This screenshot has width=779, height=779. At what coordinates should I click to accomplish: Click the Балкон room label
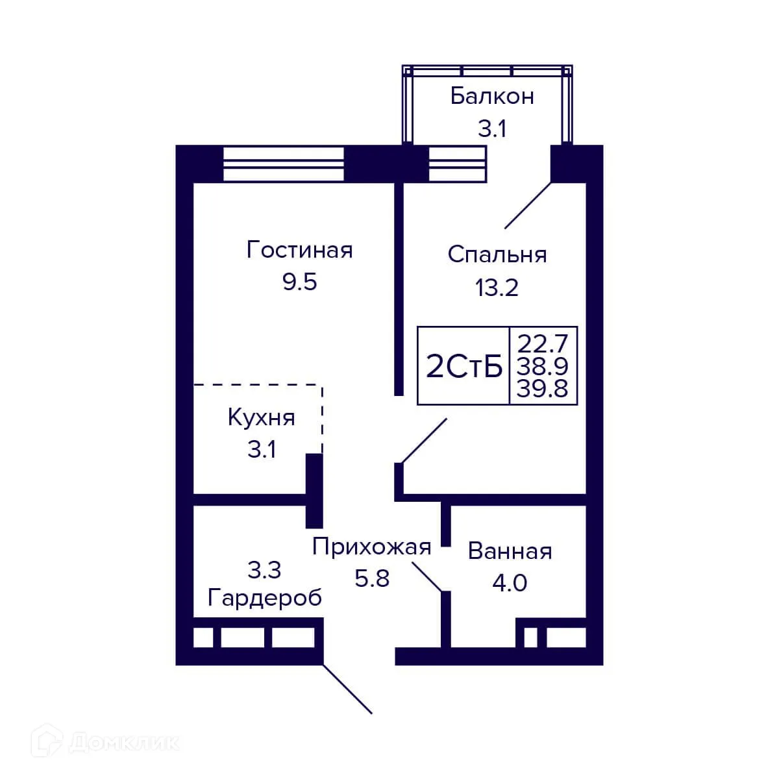point(492,96)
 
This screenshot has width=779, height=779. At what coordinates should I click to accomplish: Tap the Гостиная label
point(299,250)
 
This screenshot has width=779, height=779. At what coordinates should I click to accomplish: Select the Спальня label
point(497,254)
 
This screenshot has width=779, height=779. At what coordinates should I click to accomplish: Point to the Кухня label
point(261,417)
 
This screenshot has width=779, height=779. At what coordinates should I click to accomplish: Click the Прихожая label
point(371,547)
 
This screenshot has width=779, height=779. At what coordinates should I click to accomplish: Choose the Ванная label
point(510,551)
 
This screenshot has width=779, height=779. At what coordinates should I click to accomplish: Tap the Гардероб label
point(264,597)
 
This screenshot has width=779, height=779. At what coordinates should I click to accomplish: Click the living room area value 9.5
point(299,282)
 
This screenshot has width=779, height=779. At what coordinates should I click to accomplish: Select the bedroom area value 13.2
point(497,287)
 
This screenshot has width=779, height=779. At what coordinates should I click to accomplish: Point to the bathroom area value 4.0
point(510,583)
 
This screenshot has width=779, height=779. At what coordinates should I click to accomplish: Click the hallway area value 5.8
point(371,578)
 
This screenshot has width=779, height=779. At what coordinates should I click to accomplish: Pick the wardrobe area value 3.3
point(264,570)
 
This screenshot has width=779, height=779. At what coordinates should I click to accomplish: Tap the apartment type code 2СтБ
point(464,367)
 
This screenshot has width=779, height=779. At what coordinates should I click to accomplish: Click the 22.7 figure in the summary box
point(543,341)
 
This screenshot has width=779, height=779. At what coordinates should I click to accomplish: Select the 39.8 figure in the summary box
point(543,389)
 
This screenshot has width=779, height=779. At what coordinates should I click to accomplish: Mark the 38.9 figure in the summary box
point(543,366)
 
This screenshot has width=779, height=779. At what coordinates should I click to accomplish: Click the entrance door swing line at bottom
point(347,689)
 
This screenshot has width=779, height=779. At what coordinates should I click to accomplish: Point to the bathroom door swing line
point(428,576)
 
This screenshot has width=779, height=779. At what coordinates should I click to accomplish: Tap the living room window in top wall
point(283,164)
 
